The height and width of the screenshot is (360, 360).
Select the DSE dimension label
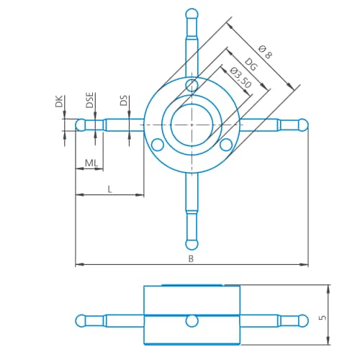click(x=90, y=101)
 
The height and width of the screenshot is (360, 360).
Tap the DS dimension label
click(x=124, y=101)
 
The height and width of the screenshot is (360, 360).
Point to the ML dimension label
click(x=91, y=163)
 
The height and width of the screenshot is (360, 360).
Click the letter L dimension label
click(x=109, y=188)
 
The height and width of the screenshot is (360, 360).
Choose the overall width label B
click(x=191, y=258)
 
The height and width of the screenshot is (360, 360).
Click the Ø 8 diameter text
click(x=265, y=52)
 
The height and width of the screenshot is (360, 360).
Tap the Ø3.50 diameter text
click(x=240, y=78)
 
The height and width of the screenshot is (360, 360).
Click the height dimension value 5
click(x=323, y=315)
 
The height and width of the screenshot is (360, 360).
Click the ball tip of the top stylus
click(x=191, y=13)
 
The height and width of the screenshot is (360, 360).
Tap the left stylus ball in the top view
click(x=81, y=125)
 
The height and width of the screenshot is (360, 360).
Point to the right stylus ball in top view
click(x=302, y=125)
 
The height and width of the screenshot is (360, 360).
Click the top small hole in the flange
click(x=191, y=86)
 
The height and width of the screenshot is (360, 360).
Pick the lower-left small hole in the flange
click(x=156, y=145)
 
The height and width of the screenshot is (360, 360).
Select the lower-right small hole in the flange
click(x=226, y=145)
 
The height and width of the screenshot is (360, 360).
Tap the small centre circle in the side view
click(x=191, y=320)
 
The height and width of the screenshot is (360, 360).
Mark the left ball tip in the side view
click(x=81, y=320)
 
